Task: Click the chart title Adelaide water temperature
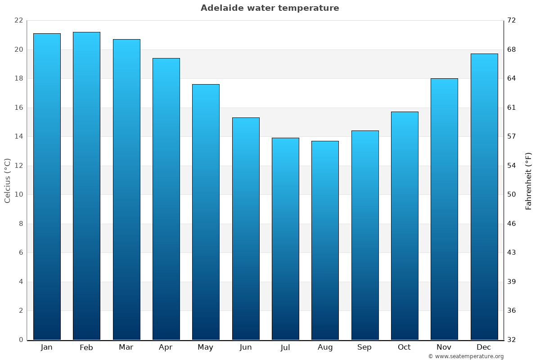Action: [270, 8]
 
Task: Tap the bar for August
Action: [325, 240]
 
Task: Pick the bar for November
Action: [444, 209]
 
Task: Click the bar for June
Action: [246, 229]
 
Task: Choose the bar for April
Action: [166, 199]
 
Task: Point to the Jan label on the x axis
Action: [46, 347]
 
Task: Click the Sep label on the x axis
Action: [364, 347]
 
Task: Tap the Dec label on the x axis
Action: [484, 347]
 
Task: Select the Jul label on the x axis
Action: [285, 347]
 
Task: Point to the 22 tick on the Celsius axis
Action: [18, 21]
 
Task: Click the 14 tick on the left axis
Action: [18, 137]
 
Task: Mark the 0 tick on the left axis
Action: [21, 340]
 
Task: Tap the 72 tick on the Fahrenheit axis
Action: [512, 21]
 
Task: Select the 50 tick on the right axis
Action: [512, 195]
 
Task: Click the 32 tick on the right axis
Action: [512, 340]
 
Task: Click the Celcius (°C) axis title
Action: [7, 180]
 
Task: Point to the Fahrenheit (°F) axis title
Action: [528, 181]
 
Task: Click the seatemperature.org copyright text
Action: [466, 356]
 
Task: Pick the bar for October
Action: [405, 226]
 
